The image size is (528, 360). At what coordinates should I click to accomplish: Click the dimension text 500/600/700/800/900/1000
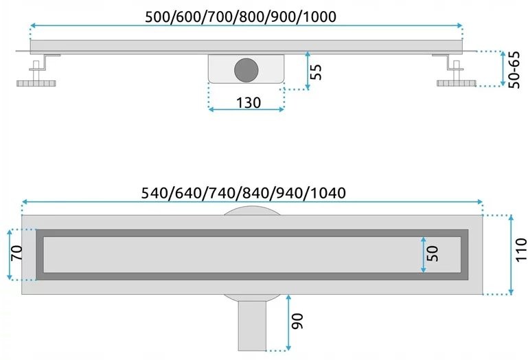(x=240, y=17)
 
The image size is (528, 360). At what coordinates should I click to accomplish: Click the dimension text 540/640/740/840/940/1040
(x=243, y=193)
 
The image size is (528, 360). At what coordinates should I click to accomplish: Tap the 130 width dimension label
(x=248, y=103)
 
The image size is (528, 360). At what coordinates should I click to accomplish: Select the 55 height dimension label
(x=316, y=72)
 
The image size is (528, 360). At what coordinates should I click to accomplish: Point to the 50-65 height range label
(x=514, y=70)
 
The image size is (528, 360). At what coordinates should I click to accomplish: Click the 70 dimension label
(x=17, y=253)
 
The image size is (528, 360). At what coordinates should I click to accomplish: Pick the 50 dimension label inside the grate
(x=433, y=254)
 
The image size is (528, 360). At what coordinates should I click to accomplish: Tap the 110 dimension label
(x=521, y=249)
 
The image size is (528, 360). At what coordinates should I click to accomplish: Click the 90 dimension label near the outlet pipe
(x=297, y=321)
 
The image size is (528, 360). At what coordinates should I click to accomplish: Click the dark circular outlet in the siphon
(x=246, y=70)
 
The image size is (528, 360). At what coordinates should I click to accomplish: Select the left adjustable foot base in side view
(x=36, y=83)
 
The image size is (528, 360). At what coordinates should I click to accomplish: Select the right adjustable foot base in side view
(x=457, y=83)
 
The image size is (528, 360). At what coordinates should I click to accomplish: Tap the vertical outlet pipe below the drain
(x=252, y=326)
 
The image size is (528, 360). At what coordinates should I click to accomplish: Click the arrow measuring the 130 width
(x=246, y=109)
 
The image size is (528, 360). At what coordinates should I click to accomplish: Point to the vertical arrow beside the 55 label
(x=308, y=71)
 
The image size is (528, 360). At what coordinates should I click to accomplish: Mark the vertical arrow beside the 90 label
(x=288, y=323)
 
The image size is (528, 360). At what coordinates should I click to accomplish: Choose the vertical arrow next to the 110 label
(x=511, y=255)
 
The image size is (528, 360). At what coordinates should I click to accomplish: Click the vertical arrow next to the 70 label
(x=10, y=254)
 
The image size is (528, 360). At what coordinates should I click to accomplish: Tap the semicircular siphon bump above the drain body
(x=252, y=211)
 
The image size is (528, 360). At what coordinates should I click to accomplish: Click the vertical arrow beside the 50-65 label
(x=503, y=69)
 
